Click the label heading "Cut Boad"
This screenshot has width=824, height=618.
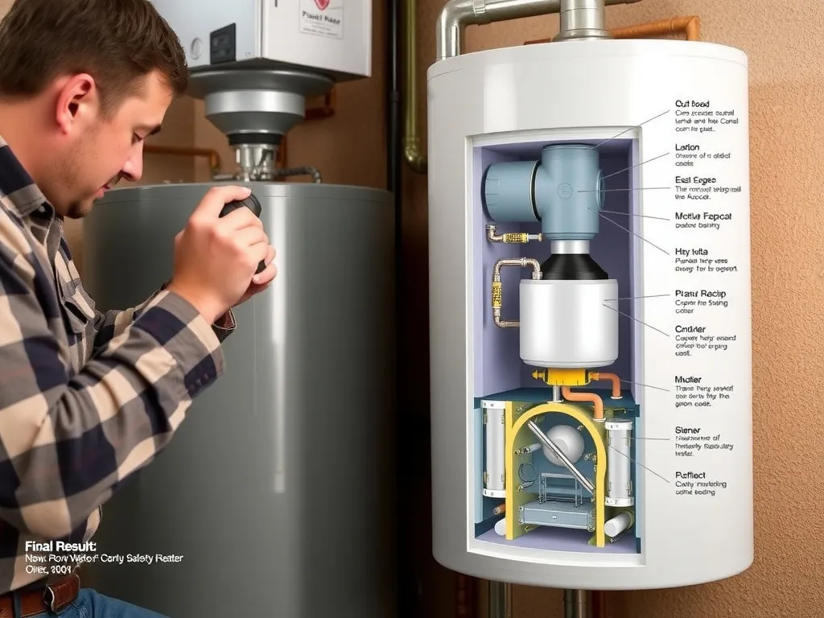(693, 103)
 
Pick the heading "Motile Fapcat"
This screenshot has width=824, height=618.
(702, 216)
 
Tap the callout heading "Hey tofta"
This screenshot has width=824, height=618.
(691, 251)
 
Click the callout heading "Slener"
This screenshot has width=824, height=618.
(687, 431)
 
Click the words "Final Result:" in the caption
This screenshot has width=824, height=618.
(60, 546)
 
